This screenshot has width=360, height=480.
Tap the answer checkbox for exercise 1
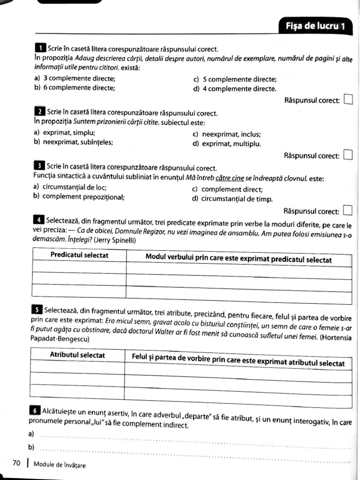(348, 99)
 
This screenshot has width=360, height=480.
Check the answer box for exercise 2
(348, 155)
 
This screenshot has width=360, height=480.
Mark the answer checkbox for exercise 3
(348, 210)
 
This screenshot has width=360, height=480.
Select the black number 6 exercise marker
(36, 410)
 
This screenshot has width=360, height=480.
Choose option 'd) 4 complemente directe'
(234, 88)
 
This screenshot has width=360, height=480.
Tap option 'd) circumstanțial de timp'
(232, 199)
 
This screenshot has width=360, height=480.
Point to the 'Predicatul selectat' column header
(79, 255)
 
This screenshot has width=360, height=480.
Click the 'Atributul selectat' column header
(77, 355)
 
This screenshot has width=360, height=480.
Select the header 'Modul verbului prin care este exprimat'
(239, 259)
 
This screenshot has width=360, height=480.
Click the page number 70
(16, 463)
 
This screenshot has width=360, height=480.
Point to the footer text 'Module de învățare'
(60, 465)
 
